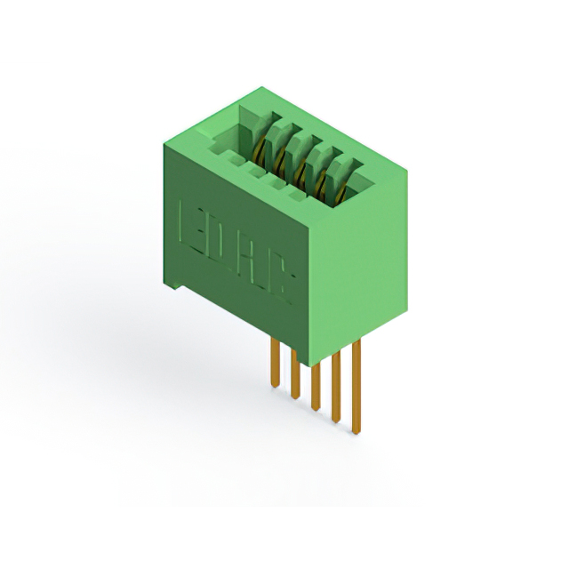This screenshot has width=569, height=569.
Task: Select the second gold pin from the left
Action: point(293,373)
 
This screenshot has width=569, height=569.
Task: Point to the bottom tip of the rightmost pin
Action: point(357,432)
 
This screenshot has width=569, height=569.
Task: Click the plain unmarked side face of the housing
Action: point(365,267)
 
